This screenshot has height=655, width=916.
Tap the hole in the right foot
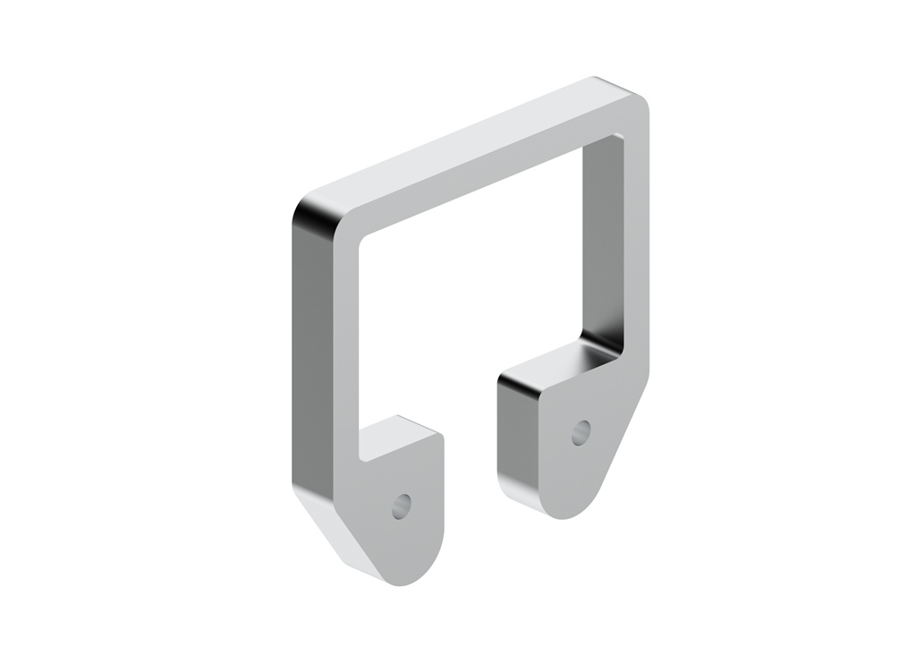click(x=581, y=432)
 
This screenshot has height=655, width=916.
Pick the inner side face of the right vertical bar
click(x=599, y=242)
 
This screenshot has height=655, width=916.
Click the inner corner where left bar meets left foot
click(x=363, y=456)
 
